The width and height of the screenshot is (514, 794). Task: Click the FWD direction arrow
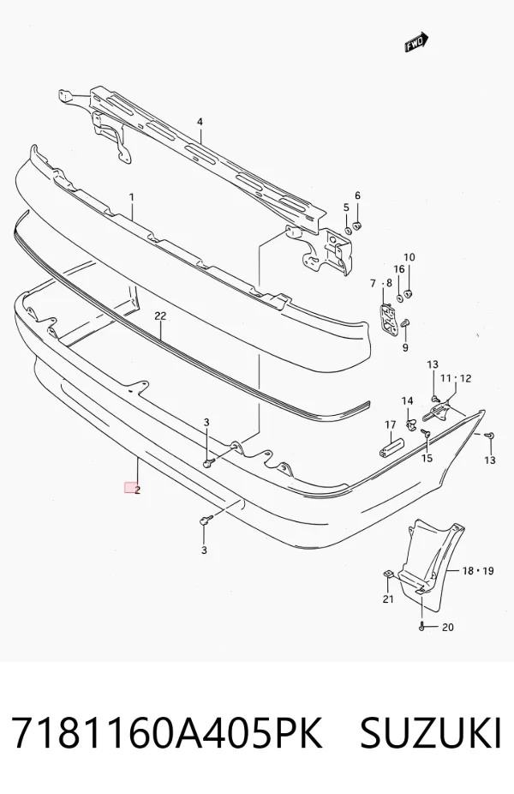pyautogui.click(x=416, y=43)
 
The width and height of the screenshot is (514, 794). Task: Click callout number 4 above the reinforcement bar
pyautogui.click(x=200, y=122)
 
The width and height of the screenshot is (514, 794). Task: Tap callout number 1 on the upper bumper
pyautogui.click(x=132, y=196)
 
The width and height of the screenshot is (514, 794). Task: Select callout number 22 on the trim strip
pyautogui.click(x=160, y=316)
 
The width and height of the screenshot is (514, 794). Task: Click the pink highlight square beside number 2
pyautogui.click(x=130, y=488)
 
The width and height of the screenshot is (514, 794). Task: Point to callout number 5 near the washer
pyautogui.click(x=347, y=208)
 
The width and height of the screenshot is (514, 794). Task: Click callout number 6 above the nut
pyautogui.click(x=358, y=195)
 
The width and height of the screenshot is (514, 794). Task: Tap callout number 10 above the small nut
pyautogui.click(x=409, y=257)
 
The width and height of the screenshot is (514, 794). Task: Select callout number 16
pyautogui.click(x=399, y=269)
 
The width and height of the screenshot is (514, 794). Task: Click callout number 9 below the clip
pyautogui.click(x=405, y=348)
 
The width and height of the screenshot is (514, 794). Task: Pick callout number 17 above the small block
pyautogui.click(x=390, y=424)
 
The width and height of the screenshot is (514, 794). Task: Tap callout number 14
pyautogui.click(x=407, y=401)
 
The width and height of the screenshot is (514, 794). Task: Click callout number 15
pyautogui.click(x=427, y=458)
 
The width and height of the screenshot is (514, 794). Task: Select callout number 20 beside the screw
pyautogui.click(x=448, y=628)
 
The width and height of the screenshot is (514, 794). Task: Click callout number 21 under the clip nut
pyautogui.click(x=388, y=600)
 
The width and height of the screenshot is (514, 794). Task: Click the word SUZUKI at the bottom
pyautogui.click(x=431, y=732)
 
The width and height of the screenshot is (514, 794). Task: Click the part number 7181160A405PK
pyautogui.click(x=166, y=732)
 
